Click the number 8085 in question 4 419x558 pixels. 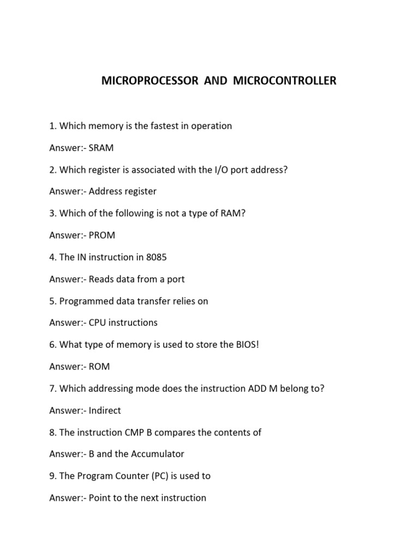point(154,257)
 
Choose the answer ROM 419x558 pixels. point(99,367)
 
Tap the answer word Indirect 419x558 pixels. point(105,410)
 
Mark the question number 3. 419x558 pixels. point(52,214)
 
